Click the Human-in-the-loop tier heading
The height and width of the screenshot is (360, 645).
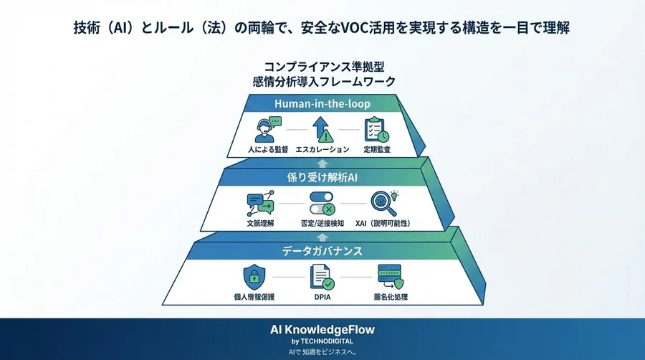pyautogui.click(x=322, y=104)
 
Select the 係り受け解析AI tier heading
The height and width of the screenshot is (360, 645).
pyautogui.click(x=322, y=178)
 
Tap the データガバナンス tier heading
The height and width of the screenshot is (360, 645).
pyautogui.click(x=322, y=251)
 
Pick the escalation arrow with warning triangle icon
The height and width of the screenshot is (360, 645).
pyautogui.click(x=322, y=130)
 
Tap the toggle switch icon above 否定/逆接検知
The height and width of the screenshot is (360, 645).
pyautogui.click(x=322, y=204)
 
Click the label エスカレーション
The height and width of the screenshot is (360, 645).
pyautogui.click(x=322, y=150)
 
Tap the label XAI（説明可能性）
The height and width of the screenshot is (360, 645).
pyautogui.click(x=383, y=224)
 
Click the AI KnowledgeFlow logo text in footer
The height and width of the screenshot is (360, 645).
pyautogui.click(x=322, y=330)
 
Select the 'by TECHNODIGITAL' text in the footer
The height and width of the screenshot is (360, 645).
pyautogui.click(x=322, y=341)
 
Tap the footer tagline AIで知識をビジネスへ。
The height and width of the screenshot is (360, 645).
pyautogui.click(x=322, y=352)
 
